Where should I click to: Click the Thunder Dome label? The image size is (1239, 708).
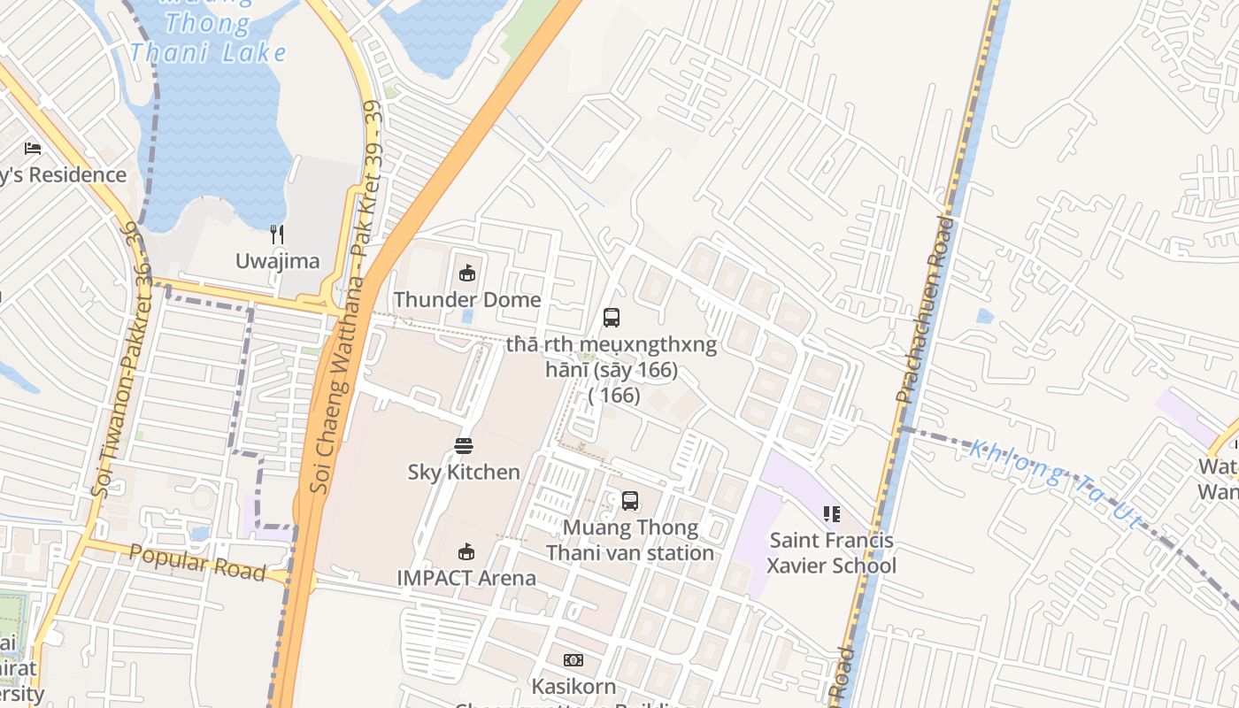[467, 300]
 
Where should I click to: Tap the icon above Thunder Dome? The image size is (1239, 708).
[467, 273]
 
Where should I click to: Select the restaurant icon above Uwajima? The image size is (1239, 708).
[277, 235]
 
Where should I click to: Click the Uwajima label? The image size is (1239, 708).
[277, 261]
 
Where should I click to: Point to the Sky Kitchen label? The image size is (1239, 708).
[464, 472]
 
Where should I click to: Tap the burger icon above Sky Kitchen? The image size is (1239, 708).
[464, 445]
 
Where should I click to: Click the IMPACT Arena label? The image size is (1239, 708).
[466, 578]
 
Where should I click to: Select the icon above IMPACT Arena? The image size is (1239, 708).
[466, 552]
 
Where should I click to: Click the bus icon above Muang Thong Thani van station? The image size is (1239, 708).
[630, 501]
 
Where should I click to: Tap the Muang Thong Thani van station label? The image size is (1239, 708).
[630, 541]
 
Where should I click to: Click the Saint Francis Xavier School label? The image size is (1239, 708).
[831, 553]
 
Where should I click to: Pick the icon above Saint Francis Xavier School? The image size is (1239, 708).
[831, 513]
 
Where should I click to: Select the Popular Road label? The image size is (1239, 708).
[197, 563]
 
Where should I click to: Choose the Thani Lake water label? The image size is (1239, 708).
[208, 51]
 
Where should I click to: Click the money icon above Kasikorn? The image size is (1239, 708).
[573, 660]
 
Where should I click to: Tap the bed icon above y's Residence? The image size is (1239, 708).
[33, 149]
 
